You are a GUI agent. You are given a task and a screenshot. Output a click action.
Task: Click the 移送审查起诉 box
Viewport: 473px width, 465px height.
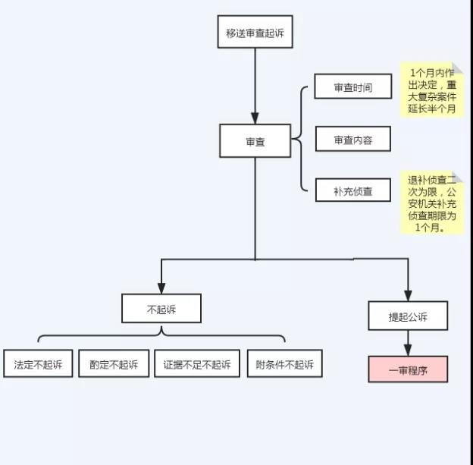click(x=255, y=32)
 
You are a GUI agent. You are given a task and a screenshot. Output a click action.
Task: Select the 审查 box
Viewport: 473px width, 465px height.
click(x=255, y=141)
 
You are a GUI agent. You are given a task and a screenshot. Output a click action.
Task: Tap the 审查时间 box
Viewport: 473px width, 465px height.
click(x=353, y=87)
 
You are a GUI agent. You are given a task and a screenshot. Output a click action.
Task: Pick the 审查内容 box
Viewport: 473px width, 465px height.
click(x=353, y=140)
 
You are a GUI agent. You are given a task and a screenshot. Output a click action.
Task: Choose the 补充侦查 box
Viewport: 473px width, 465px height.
click(x=353, y=190)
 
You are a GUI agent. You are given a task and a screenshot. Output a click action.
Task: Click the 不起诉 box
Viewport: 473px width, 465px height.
click(x=161, y=309)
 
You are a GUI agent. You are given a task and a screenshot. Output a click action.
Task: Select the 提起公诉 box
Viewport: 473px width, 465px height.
click(x=408, y=316)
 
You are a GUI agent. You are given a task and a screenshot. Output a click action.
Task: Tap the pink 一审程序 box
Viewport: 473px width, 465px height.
click(x=408, y=369)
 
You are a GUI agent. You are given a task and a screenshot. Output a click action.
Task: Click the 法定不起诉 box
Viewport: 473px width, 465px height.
click(x=38, y=364)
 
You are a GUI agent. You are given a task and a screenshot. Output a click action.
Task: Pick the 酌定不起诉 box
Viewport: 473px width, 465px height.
click(x=114, y=364)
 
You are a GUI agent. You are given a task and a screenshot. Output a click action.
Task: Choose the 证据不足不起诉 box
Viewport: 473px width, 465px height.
click(x=196, y=364)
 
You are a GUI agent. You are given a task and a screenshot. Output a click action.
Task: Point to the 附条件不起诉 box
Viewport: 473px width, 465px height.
click(x=284, y=364)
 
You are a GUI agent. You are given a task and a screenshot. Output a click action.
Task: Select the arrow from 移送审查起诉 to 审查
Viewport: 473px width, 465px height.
click(x=255, y=83)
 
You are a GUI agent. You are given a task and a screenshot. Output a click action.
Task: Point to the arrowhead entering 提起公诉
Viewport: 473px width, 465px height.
click(x=408, y=295)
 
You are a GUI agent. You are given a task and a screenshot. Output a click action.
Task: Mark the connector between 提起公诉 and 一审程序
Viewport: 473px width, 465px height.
click(x=408, y=344)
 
